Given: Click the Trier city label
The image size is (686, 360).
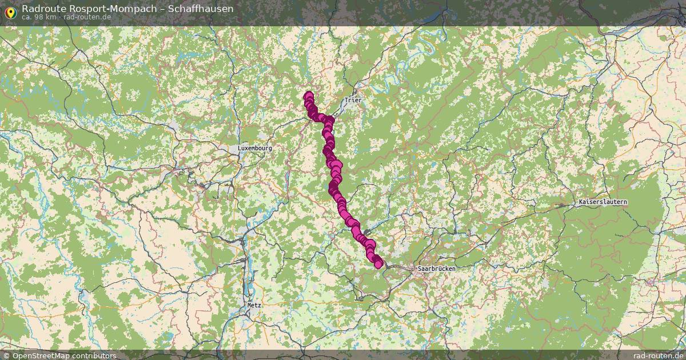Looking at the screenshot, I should tap(353, 101).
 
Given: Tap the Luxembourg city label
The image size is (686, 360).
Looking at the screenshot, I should tap(254, 148).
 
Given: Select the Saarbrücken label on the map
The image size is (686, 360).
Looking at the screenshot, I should tap(435, 268).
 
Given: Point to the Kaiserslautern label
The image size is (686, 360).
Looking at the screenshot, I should tap(603, 202).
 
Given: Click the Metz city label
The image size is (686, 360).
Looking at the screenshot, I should tap(254, 305).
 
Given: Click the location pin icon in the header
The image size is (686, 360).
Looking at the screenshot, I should tap(10, 11).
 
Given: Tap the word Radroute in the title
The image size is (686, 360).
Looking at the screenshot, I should tap(42, 8).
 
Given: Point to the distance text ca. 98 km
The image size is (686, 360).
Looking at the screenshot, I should tap(39, 17).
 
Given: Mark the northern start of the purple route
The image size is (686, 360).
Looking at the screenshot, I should tap(309, 96).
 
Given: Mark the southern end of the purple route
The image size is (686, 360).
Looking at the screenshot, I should tap(378, 263).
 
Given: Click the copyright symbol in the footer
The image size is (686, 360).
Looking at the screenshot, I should tap(6, 355).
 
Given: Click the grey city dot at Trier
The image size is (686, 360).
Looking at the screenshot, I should tap(354, 91).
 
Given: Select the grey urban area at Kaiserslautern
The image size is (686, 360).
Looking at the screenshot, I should tap(595, 209).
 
